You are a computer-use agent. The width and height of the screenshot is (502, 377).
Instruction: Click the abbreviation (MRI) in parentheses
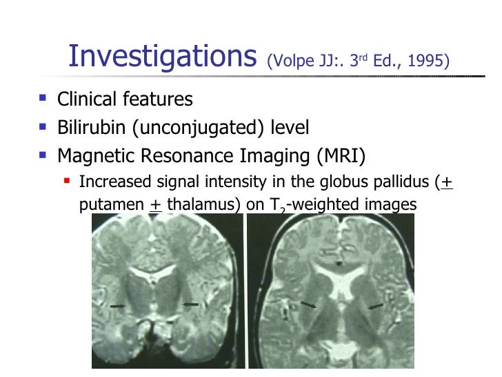coord(340,156)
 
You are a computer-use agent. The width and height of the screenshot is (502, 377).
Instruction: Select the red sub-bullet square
coord(68,182)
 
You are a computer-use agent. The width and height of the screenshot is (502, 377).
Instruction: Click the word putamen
coord(109,205)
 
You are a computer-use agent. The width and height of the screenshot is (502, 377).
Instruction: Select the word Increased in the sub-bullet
coord(113,183)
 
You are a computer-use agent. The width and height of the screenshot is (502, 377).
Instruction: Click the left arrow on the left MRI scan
coord(119,304)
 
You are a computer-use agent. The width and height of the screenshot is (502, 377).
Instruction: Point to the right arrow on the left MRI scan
coord(190,303)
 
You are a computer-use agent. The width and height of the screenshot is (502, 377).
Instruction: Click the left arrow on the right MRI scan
coord(310,304)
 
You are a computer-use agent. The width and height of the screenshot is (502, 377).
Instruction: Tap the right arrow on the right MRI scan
coord(376,306)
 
